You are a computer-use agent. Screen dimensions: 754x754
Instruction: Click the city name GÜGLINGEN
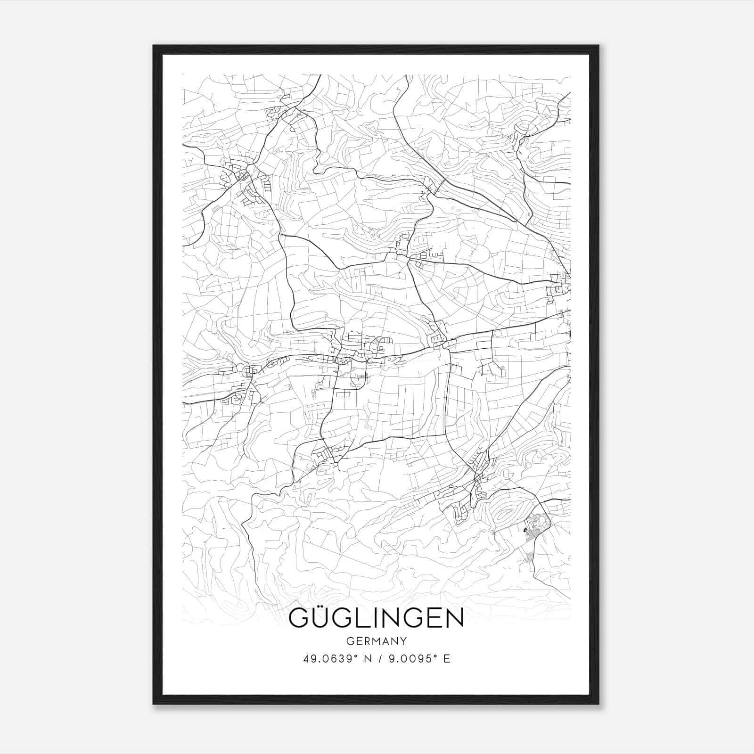376,618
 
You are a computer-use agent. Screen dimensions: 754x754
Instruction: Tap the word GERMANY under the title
376,641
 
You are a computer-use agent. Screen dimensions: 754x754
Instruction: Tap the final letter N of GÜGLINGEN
454,618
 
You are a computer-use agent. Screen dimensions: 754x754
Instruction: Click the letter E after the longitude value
447,659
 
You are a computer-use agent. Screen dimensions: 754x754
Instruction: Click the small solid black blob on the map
525,530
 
